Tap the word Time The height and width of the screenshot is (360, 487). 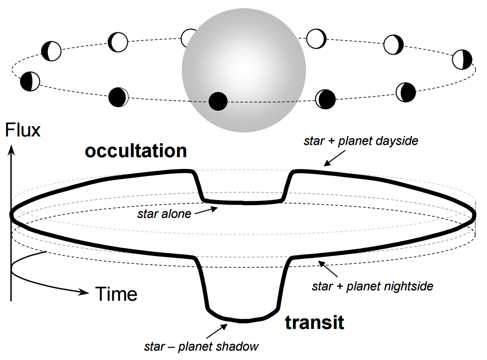(117, 294)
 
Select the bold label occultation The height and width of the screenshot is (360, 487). (136, 151)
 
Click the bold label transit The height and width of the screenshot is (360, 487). (314, 323)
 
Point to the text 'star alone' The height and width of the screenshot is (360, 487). (164, 214)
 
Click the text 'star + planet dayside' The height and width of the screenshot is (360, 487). (361, 141)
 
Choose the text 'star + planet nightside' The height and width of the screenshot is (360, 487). (372, 286)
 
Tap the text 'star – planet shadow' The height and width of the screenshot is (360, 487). (201, 347)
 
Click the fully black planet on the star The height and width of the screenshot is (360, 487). (218, 101)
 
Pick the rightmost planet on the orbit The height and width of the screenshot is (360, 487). (462, 59)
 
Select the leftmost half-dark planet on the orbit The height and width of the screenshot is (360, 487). (30, 81)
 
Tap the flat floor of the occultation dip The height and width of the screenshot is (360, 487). (243, 203)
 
